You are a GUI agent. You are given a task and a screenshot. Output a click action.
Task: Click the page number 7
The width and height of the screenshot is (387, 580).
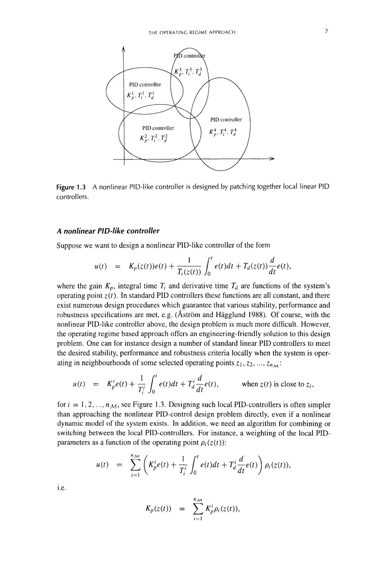coord(327,32)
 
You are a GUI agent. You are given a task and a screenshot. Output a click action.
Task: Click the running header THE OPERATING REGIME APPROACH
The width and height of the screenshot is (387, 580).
coord(193,32)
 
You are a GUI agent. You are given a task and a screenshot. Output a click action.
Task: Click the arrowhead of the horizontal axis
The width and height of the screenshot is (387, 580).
coord(272,158)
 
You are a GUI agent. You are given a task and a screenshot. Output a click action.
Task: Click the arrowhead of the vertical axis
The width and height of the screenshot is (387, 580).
coord(124,48)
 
